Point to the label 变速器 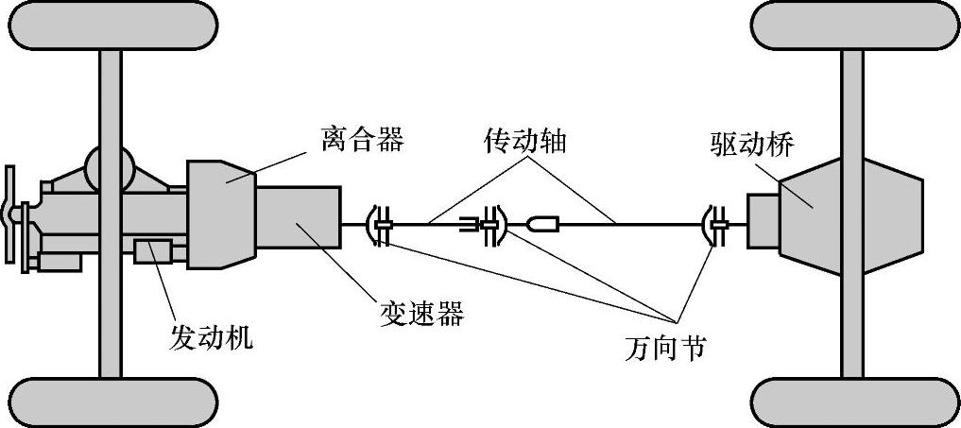[422, 314]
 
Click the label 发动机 [212, 337]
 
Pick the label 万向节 [665, 348]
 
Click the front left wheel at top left [112, 26]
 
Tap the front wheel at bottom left [112, 402]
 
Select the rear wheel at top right [853, 26]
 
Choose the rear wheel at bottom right [853, 402]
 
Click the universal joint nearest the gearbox [381, 225]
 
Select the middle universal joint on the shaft [491, 225]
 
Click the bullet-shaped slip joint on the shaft [541, 225]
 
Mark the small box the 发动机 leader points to [152, 252]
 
